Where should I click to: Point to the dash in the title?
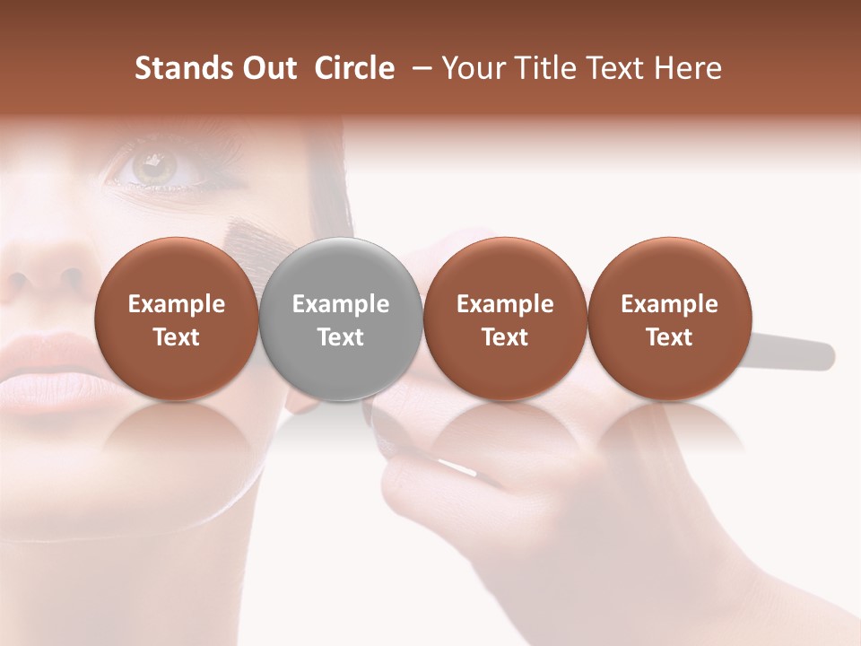(x=418, y=68)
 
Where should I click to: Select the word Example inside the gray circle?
(x=341, y=304)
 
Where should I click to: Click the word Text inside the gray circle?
(x=341, y=337)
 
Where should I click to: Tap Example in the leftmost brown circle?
(x=177, y=304)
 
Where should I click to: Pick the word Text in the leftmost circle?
(x=177, y=337)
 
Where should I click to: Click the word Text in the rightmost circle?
(x=669, y=337)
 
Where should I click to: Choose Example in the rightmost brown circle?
(x=669, y=304)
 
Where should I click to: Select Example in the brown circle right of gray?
(x=505, y=304)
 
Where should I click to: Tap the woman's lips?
(x=45, y=377)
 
